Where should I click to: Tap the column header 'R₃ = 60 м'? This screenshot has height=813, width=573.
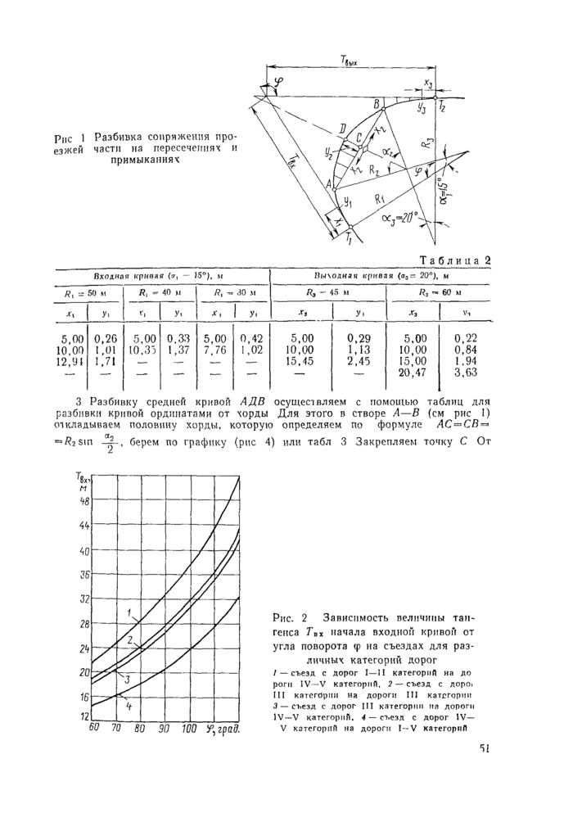440,292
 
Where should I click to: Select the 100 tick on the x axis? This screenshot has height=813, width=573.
189,729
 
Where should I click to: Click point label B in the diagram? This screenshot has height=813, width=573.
376,104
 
